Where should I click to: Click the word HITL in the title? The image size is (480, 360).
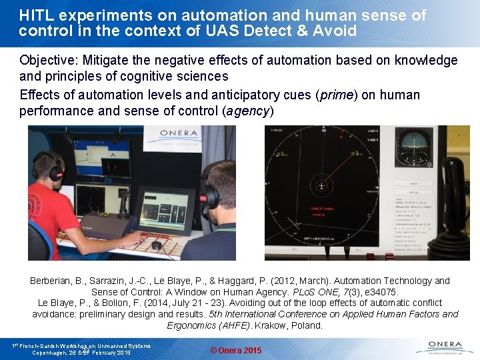pos(37,15)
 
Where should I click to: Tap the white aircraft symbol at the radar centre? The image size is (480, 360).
pos(321,188)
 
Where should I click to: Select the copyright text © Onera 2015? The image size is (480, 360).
pos(236,351)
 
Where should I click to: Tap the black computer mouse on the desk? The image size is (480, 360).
pos(156,245)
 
